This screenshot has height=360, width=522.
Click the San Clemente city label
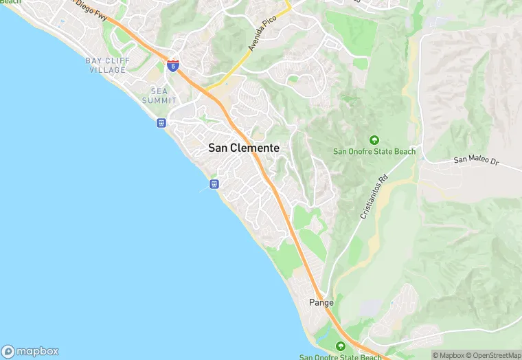pos(244,148)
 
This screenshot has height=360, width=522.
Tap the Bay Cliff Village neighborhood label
pos(106,65)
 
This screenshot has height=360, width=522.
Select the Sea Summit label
pos(159,95)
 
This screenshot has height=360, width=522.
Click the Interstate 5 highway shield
pos(173,66)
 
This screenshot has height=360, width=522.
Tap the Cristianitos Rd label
pos(374,197)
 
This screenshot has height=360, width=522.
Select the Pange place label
pos(321,302)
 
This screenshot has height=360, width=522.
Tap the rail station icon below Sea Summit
pos(161,124)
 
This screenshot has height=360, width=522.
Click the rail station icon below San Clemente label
pos(214,184)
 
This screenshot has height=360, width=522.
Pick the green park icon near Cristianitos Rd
pos(374,140)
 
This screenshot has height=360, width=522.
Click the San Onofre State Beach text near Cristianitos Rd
pos(374,152)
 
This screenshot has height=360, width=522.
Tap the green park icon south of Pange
pos(340,346)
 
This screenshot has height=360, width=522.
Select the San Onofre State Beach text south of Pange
pos(340,357)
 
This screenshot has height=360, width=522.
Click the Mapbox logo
pos(30,350)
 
